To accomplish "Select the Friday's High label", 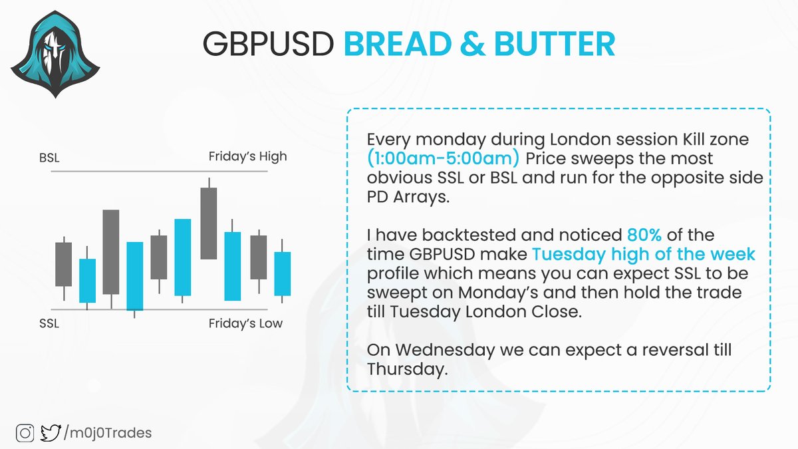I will click(x=247, y=157).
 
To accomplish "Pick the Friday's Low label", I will click(x=245, y=324).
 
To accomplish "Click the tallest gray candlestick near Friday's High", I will click(x=208, y=223).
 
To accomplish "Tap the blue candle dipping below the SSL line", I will click(x=135, y=275).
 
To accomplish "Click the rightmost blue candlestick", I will click(x=283, y=273).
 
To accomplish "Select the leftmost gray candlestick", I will click(x=63, y=263).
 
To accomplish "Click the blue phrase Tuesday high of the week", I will click(x=644, y=255).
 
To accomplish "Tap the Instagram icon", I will click(x=26, y=433).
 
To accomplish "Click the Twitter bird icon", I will click(x=49, y=433).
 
